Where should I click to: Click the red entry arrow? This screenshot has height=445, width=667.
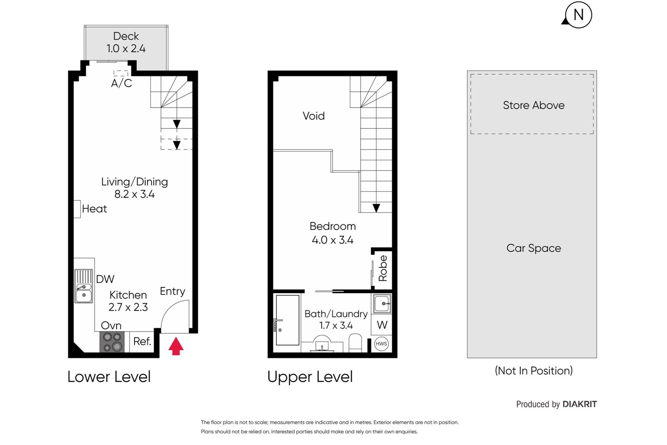176,346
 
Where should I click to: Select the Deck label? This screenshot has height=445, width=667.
126,36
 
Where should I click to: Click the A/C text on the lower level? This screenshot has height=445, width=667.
121,83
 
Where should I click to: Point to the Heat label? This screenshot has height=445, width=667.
94,209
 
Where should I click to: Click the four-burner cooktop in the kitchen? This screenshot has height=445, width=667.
112,342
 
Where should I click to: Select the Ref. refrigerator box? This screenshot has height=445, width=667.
142,342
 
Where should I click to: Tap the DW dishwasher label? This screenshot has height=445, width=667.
105,279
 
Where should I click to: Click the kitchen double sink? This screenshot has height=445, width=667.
84,286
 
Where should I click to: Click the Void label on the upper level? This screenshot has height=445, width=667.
313,116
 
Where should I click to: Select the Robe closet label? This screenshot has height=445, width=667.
383,269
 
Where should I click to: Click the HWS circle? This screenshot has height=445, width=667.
381,344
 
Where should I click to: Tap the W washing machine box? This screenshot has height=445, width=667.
382,325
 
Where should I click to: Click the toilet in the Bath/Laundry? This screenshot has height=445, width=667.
355,343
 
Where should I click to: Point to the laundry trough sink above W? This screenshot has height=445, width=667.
382,304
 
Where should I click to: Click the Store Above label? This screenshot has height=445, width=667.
534,106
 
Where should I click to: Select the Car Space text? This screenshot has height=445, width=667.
534,248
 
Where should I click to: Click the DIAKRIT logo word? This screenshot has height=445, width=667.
579,404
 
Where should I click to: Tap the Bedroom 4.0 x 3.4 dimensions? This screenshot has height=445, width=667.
332,240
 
